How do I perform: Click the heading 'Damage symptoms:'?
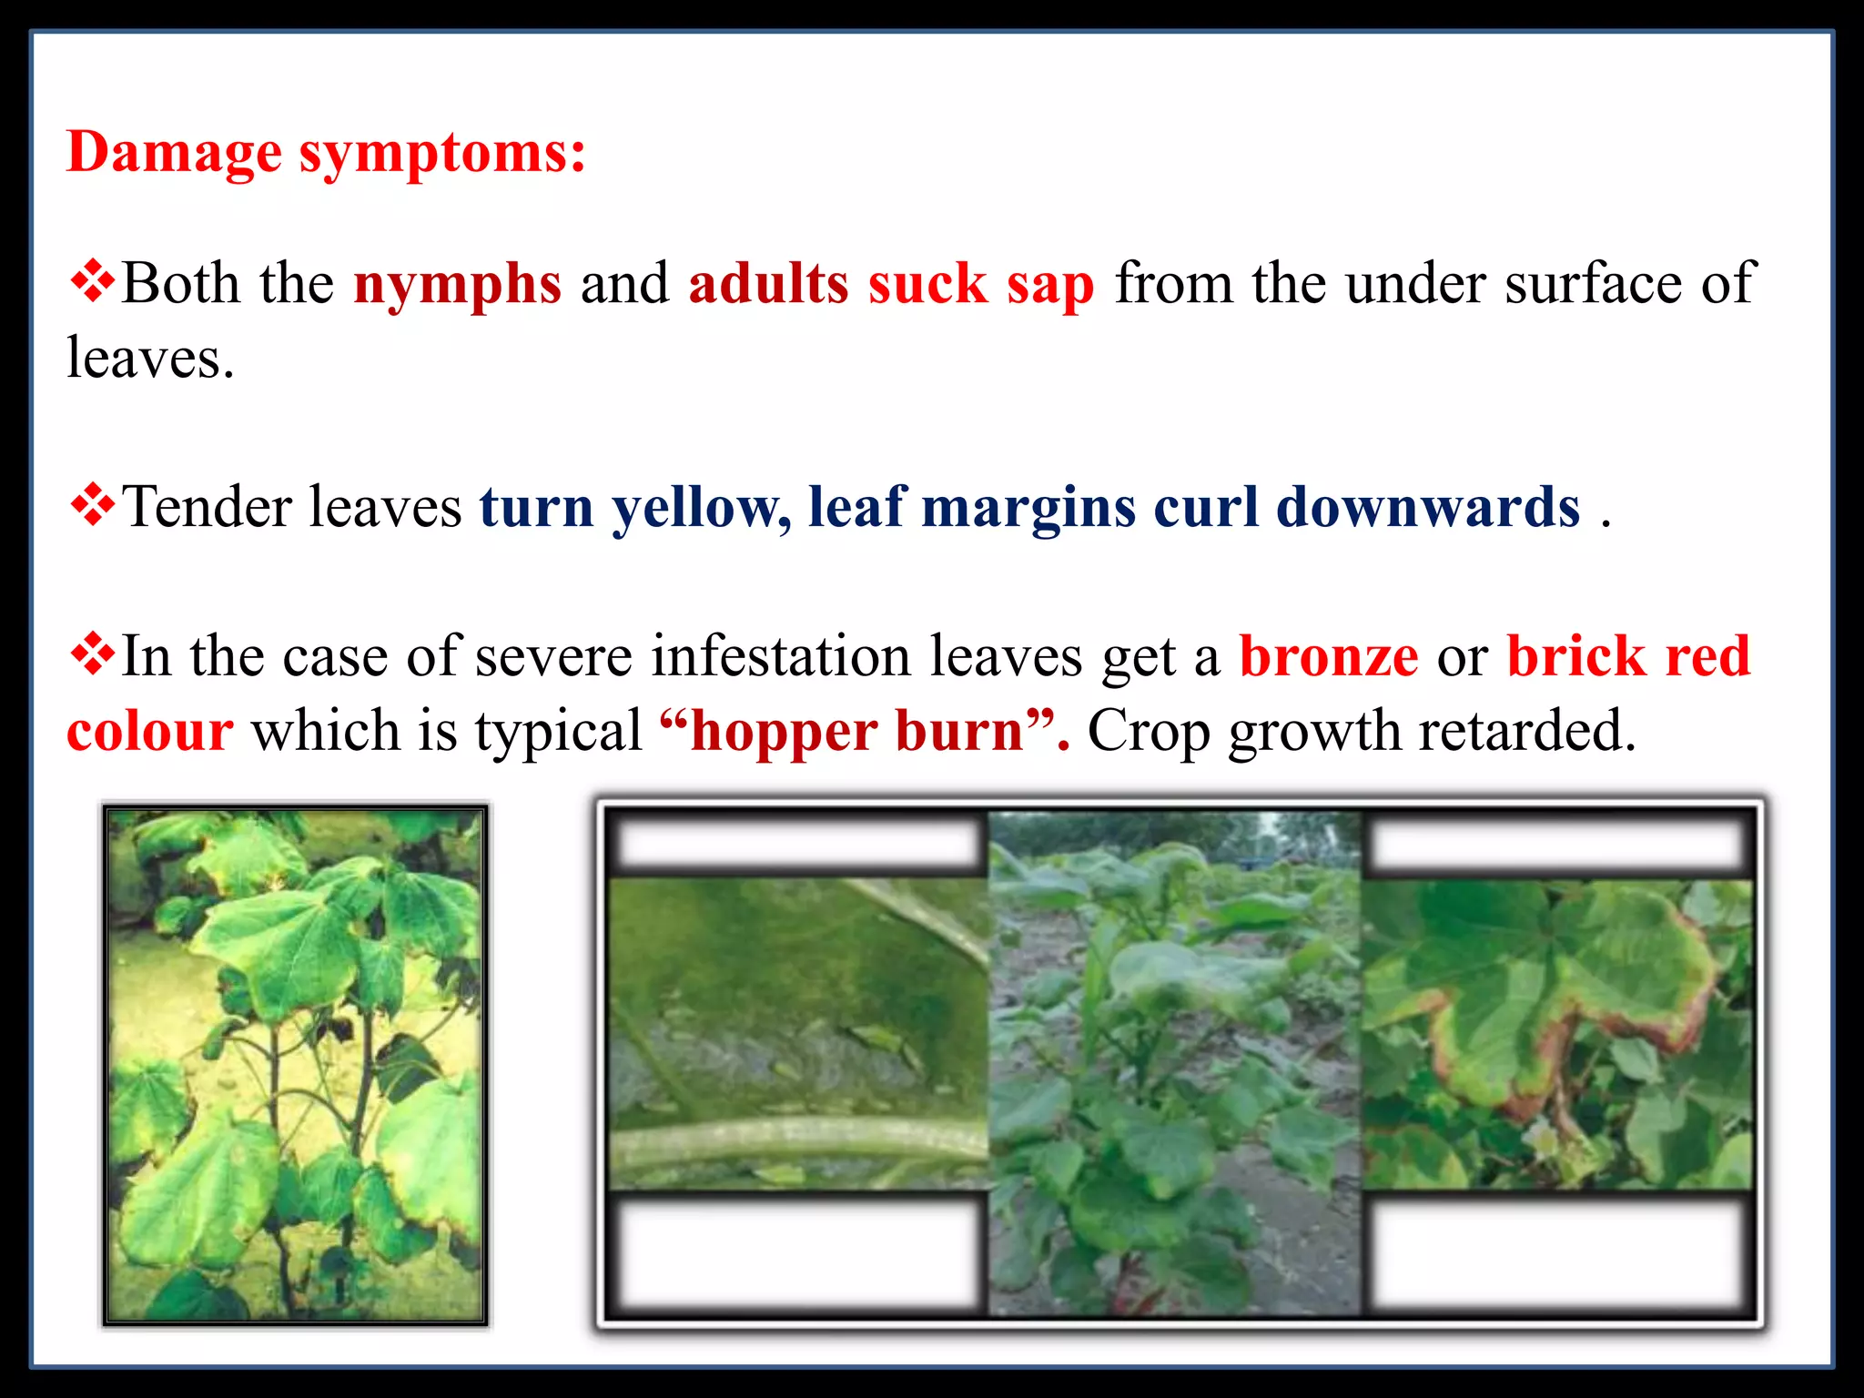(x=326, y=152)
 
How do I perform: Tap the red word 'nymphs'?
(x=457, y=285)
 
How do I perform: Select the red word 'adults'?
(x=768, y=283)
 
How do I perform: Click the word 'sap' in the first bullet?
(x=1049, y=285)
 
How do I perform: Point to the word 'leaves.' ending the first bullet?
(x=150, y=359)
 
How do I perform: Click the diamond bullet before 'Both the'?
(x=92, y=281)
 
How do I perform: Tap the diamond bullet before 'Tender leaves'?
(x=92, y=505)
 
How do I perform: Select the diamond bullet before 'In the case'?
(x=92, y=654)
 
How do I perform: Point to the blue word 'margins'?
(x=1028, y=508)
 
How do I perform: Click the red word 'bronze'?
(x=1328, y=656)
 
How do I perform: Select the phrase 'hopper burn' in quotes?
(x=856, y=731)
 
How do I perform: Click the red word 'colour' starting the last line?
(x=150, y=731)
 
